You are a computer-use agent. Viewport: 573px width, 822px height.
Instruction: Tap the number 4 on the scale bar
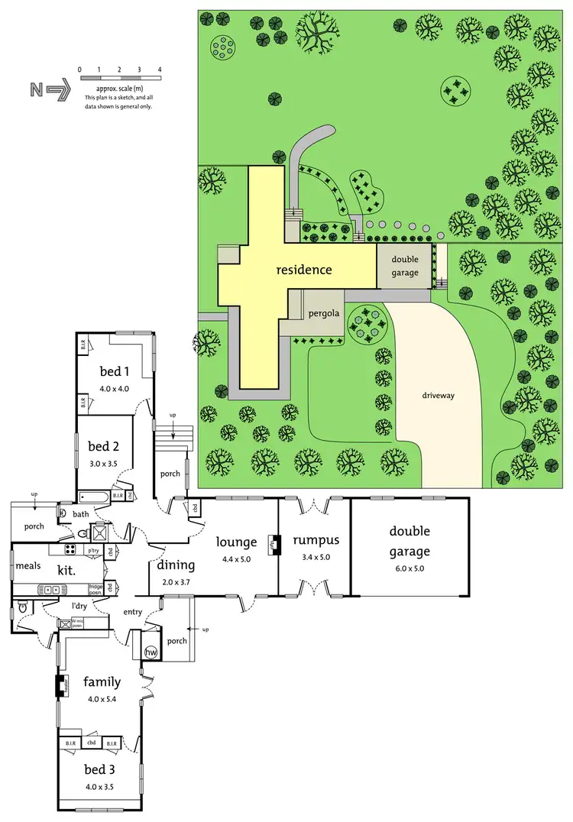coord(160,70)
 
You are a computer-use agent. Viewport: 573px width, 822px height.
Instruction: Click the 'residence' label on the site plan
coord(304,270)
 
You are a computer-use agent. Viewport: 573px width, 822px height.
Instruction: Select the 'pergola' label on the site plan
coord(323,313)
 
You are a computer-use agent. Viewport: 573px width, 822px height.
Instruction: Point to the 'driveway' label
coord(438,396)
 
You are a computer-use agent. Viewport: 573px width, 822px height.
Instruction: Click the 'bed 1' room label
coord(115,371)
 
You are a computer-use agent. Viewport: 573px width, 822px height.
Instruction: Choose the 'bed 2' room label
coord(104,447)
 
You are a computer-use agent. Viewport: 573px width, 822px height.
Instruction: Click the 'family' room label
coord(102,681)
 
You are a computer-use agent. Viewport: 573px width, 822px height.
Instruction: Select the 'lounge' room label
coord(236,542)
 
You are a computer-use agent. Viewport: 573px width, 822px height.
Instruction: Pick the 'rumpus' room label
coord(313,541)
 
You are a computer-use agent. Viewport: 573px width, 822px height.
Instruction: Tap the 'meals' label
coord(28,566)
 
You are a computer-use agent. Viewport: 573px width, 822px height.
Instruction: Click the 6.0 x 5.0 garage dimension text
coord(410,568)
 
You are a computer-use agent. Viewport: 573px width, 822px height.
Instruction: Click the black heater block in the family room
coord(58,685)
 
